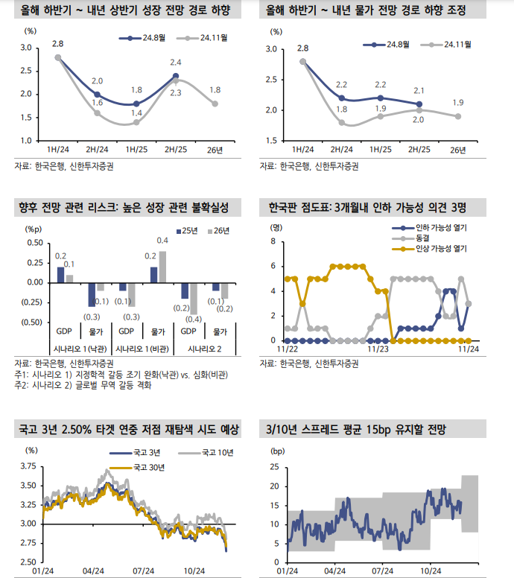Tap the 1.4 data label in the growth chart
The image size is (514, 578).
pos(136,113)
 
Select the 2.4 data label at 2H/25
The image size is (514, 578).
pos(176,63)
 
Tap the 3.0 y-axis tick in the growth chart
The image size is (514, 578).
pos(25,48)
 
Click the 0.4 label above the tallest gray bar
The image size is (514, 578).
pos(162,240)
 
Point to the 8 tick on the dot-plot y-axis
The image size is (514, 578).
pos(273,242)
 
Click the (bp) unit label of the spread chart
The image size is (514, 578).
pos(277,451)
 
